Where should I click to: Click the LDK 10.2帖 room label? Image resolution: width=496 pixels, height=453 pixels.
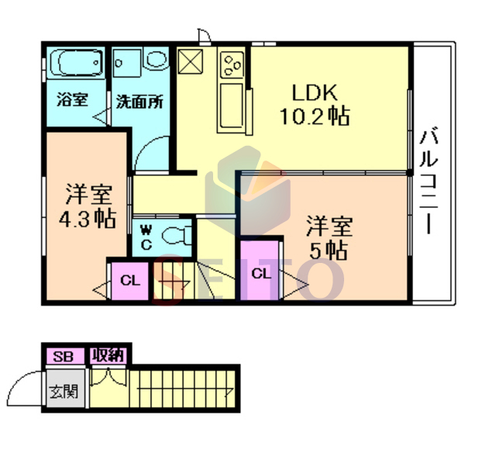[x=315, y=105]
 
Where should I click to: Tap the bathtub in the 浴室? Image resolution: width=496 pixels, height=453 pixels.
[x=76, y=63]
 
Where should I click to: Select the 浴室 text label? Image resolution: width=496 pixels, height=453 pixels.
[x=72, y=100]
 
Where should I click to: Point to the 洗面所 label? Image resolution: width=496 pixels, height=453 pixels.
[x=139, y=102]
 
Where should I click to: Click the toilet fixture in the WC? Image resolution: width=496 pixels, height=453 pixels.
[x=177, y=236]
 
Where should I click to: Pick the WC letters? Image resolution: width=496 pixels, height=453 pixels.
[x=146, y=237]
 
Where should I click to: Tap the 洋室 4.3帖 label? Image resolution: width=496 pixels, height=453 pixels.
[x=88, y=206]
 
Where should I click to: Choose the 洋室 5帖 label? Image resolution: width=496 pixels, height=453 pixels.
[x=329, y=237]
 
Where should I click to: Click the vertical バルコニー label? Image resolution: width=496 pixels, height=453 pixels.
[x=429, y=181]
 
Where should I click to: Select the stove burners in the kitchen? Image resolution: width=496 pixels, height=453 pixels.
[x=233, y=64]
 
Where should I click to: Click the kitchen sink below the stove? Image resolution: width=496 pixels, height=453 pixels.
[x=232, y=108]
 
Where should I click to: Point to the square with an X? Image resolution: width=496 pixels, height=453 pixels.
[x=190, y=62]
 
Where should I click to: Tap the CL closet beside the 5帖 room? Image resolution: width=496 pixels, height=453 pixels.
[x=260, y=270]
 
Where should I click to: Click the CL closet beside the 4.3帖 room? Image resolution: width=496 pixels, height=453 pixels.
[x=130, y=281]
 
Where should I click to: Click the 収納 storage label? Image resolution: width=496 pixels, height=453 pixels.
[x=108, y=356]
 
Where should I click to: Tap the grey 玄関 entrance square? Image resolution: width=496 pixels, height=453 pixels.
[x=66, y=389]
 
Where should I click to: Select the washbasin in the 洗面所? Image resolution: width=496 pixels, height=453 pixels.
[x=156, y=59]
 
